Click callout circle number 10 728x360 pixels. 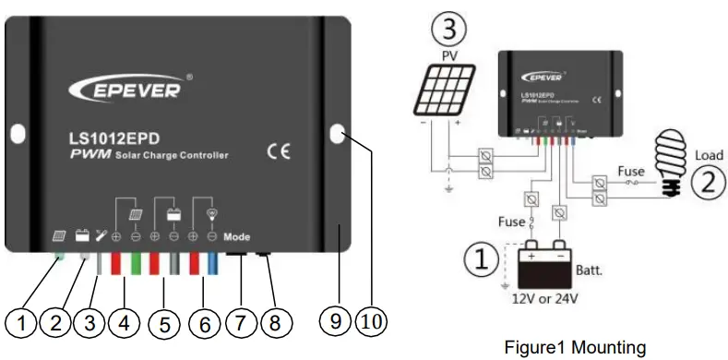tap(371, 320)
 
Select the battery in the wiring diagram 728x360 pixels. tap(542, 268)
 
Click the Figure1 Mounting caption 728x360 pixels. tap(575, 347)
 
